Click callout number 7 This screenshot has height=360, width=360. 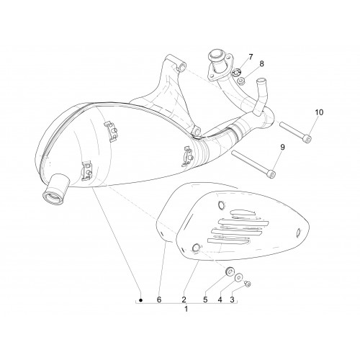pyautogui.click(x=251, y=57)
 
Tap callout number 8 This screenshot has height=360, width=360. pyautogui.click(x=261, y=64)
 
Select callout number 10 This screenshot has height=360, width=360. pyautogui.click(x=319, y=112)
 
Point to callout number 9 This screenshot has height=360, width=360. pyautogui.click(x=282, y=147)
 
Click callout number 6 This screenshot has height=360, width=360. pyautogui.click(x=159, y=300)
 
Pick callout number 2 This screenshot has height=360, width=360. pyautogui.click(x=184, y=300)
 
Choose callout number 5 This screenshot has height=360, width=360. pyautogui.click(x=205, y=300)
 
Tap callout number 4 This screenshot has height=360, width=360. pyautogui.click(x=220, y=300)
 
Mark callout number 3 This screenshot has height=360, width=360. pyautogui.click(x=232, y=300)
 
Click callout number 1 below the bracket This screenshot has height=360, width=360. pyautogui.click(x=186, y=309)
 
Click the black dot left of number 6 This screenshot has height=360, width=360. pyautogui.click(x=141, y=300)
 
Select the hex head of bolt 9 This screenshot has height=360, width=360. pyautogui.click(x=272, y=175)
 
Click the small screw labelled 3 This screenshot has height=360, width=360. pyautogui.click(x=248, y=284)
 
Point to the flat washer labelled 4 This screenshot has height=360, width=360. pyautogui.click(x=238, y=278)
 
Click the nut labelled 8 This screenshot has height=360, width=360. pyautogui.click(x=240, y=81)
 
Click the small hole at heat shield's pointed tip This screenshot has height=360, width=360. pyautogui.click(x=299, y=232)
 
